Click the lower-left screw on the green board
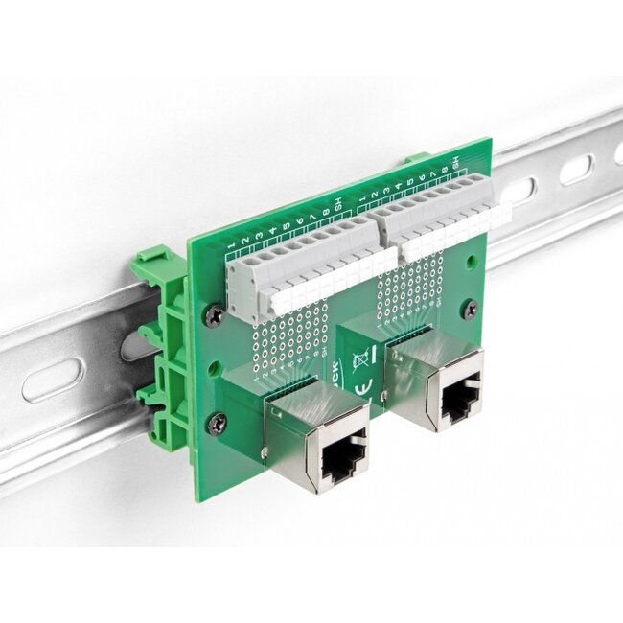pyautogui.click(x=219, y=420)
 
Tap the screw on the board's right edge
pyautogui.click(x=470, y=308)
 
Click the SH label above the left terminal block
pyautogui.click(x=337, y=203)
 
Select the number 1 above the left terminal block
pyautogui.click(x=233, y=246)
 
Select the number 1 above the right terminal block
pyautogui.click(x=361, y=198)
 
